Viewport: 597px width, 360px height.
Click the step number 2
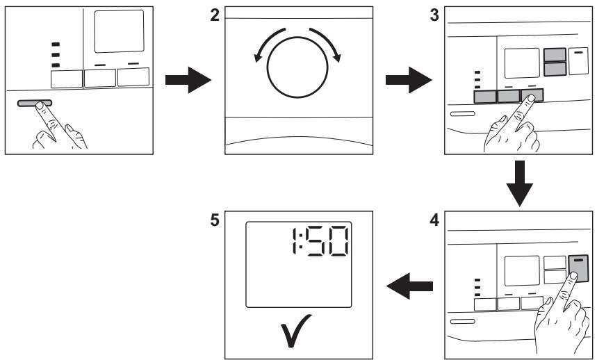coord(215,15)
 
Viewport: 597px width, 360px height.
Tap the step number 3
coord(434,15)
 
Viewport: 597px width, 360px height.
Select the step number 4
coord(434,220)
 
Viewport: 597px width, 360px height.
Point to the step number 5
coord(215,220)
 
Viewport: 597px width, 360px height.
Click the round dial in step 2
coord(297,67)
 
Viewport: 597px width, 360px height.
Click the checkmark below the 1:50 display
coord(295,330)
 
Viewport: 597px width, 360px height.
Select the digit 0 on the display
coord(337,241)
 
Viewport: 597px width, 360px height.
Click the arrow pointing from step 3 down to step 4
coord(519,183)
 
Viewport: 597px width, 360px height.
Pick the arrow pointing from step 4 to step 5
coord(409,286)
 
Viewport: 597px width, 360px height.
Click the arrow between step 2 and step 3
coord(409,80)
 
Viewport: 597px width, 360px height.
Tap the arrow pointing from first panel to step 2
coord(188,80)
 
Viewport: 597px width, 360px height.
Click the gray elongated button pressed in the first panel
coord(34,103)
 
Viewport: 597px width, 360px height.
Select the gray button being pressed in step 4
coord(578,269)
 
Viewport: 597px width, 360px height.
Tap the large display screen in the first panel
coord(119,31)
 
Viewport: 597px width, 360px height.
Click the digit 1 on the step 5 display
coord(294,241)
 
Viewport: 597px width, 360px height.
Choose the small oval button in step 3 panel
coord(463,114)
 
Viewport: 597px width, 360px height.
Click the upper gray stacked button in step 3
coord(555,55)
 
